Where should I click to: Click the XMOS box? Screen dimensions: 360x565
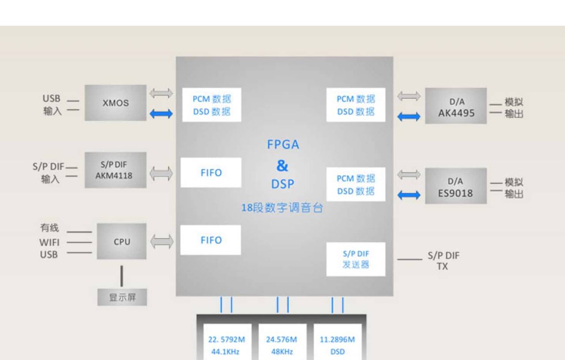[116, 103]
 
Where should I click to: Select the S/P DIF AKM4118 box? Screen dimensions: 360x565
[116, 170]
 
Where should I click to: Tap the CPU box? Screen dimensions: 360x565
[122, 241]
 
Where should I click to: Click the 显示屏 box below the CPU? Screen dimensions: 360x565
[122, 297]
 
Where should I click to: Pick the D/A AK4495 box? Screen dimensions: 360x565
[456, 106]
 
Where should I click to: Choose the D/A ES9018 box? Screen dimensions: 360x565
[456, 186]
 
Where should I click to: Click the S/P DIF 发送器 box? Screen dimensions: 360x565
[356, 259]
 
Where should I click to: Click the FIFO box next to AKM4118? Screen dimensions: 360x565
[211, 172]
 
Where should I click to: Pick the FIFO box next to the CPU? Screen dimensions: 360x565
[211, 240]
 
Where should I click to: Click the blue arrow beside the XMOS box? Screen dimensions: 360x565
[161, 114]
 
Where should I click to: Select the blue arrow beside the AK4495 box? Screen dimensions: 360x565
[409, 116]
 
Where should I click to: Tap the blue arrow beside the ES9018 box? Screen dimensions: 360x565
[409, 195]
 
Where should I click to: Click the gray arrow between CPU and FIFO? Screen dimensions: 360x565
[162, 241]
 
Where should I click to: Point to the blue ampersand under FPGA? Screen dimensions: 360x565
[282, 165]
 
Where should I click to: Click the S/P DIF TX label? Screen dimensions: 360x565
[443, 261]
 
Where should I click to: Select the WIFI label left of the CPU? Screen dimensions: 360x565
[49, 242]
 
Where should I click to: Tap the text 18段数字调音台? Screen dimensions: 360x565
[282, 208]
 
